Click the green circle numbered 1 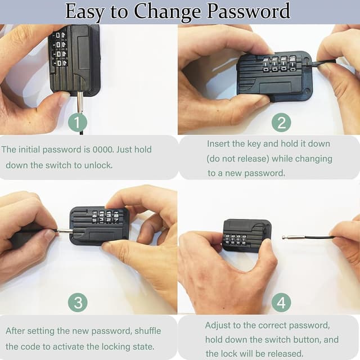pos(77,122)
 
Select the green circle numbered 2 pos(281,122)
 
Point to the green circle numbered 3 pos(77,303)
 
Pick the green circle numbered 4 pos(281,303)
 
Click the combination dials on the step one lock pos(59,49)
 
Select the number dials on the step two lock pos(279,64)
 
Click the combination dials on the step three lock pos(105,217)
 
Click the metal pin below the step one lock pos(80,103)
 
